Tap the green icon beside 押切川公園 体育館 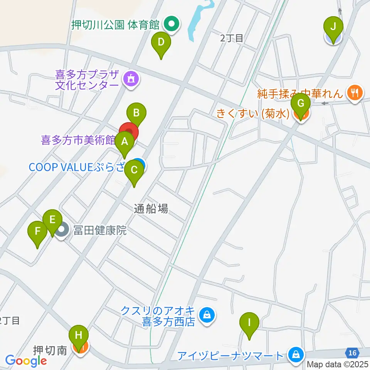tap(170, 25)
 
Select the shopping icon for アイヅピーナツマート tap(296, 354)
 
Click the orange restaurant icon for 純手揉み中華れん tap(353, 92)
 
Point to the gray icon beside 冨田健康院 tap(62, 231)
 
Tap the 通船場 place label tap(151, 209)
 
